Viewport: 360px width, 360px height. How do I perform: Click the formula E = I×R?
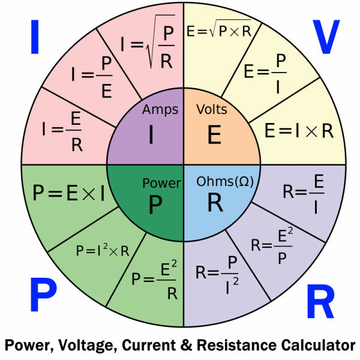(298, 131)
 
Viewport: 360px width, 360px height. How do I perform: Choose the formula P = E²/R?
(155, 280)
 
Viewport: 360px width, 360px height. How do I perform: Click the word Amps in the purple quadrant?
(160, 110)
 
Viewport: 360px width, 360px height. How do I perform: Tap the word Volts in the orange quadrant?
(211, 110)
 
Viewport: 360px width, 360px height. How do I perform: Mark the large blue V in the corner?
(326, 37)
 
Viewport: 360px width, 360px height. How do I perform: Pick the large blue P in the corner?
(43, 298)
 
